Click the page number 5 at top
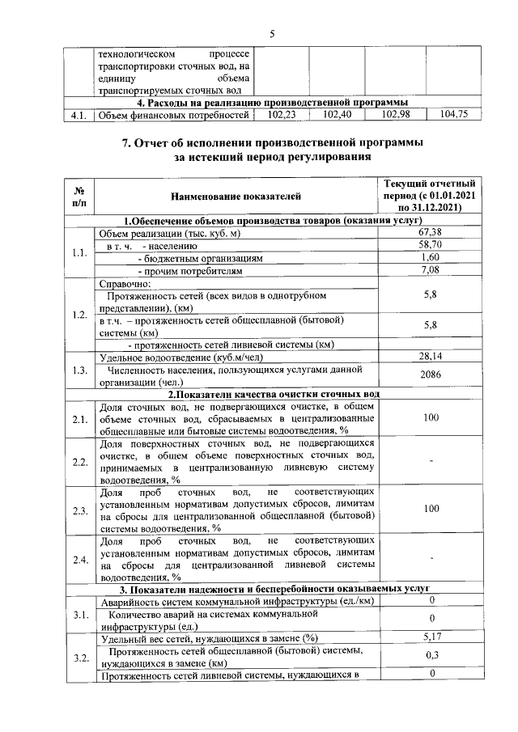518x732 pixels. pos(273,33)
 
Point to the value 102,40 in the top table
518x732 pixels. pos(336,115)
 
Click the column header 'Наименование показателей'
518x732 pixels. pos(236,196)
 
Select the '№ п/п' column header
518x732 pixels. pos(80,196)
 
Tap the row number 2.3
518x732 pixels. pos(79,510)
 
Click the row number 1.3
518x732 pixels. pos(79,370)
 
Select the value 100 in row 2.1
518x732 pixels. pos(430,417)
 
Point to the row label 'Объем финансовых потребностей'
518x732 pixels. pos(172,115)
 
